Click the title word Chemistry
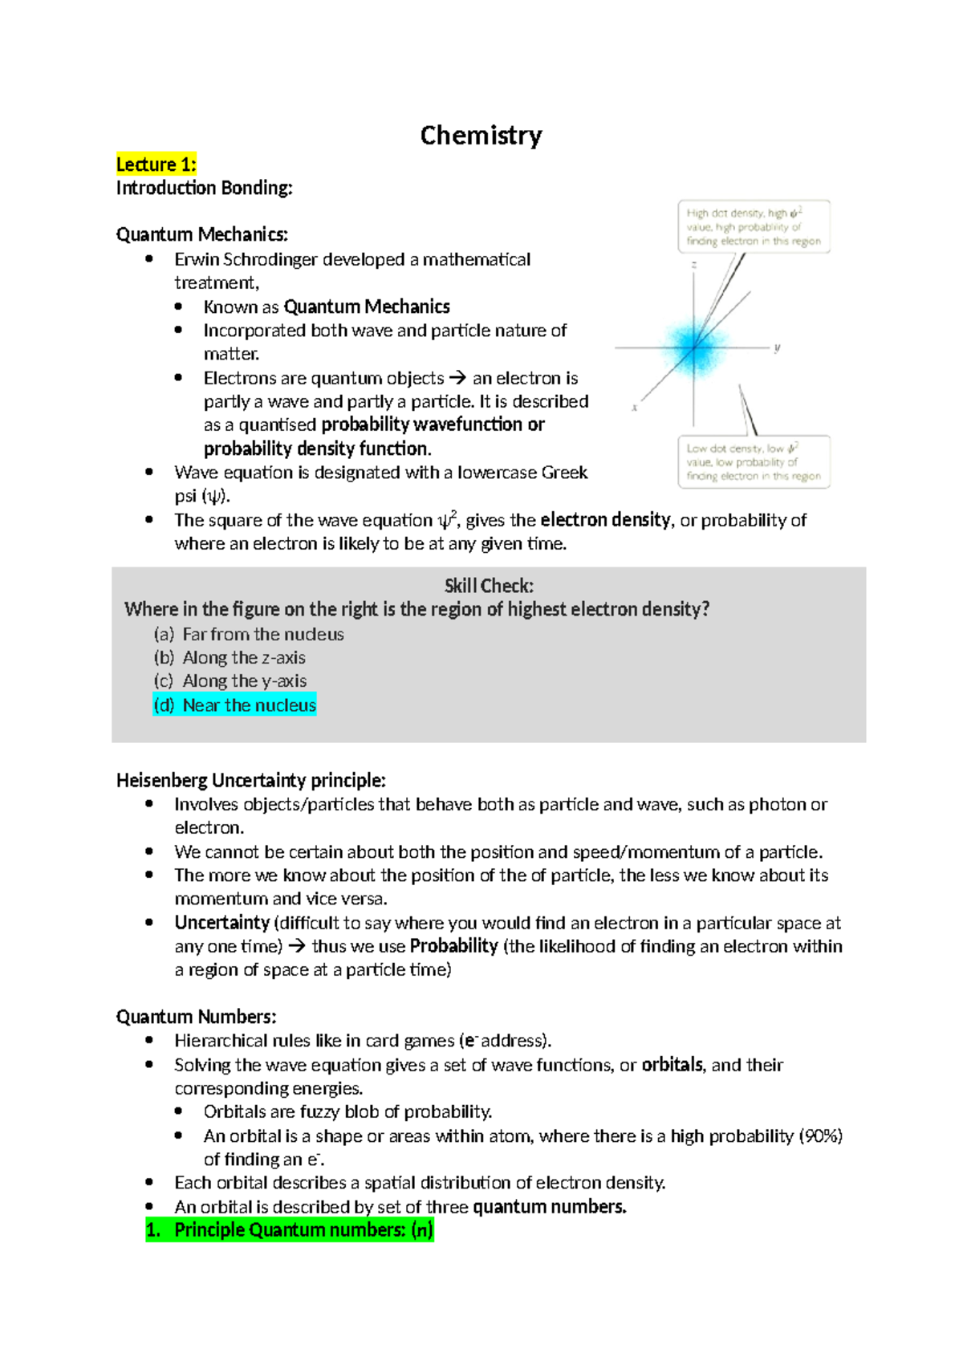click(x=481, y=136)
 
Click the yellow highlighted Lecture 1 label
click(x=156, y=165)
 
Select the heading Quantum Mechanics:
click(x=201, y=234)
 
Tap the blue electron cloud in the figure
click(x=693, y=346)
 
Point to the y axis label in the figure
click(x=777, y=347)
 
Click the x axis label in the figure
click(x=635, y=408)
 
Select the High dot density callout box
click(x=753, y=227)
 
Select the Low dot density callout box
click(x=753, y=462)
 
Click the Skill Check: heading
click(x=489, y=586)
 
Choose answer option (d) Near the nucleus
click(x=234, y=705)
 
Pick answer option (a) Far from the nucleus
click(x=249, y=634)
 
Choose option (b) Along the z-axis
click(x=230, y=657)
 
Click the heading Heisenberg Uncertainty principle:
click(x=250, y=780)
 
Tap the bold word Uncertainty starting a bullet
click(x=221, y=923)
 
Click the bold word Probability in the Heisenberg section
click(x=453, y=946)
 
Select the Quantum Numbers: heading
click(x=196, y=1017)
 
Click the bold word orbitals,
click(x=672, y=1065)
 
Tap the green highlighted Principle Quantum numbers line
click(x=290, y=1229)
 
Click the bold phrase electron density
click(x=605, y=520)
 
